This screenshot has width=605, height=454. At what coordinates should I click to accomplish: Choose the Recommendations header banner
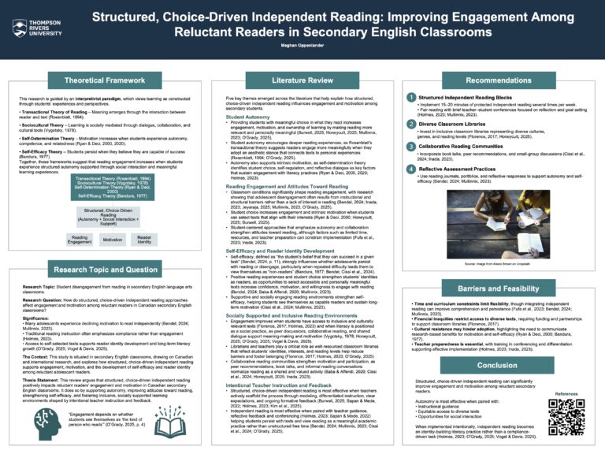click(x=498, y=80)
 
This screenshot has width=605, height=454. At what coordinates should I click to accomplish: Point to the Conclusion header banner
click(x=498, y=365)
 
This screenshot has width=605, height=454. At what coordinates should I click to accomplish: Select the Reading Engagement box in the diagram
click(x=80, y=240)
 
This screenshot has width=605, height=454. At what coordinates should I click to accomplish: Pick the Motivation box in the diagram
click(x=113, y=240)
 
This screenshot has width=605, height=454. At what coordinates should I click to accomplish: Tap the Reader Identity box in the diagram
click(x=144, y=240)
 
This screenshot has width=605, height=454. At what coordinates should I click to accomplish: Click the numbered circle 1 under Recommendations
click(x=411, y=97)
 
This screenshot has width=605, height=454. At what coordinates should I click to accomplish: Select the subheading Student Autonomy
click(x=249, y=116)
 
